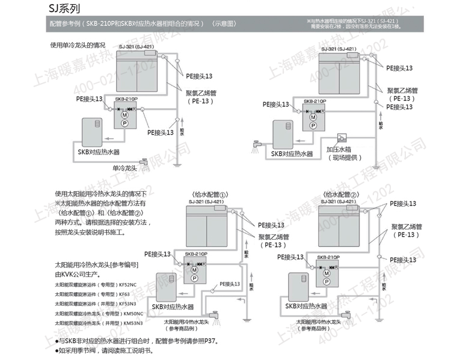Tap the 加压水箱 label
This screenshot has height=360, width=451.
click(x=340, y=149)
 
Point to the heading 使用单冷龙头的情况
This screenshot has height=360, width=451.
click(x=78, y=45)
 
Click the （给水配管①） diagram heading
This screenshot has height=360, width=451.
click(x=209, y=195)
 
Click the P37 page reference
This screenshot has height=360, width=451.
click(x=208, y=341)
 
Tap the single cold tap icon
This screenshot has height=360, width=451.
click(x=144, y=162)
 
